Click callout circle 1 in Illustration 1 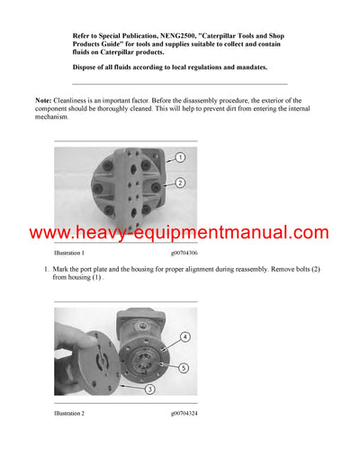[180, 157]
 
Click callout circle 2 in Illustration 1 [180, 183]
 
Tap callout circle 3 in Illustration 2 [148, 388]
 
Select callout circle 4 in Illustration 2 [184, 337]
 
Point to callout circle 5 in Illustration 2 [184, 367]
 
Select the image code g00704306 [184, 254]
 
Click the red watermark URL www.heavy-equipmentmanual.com [179, 233]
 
